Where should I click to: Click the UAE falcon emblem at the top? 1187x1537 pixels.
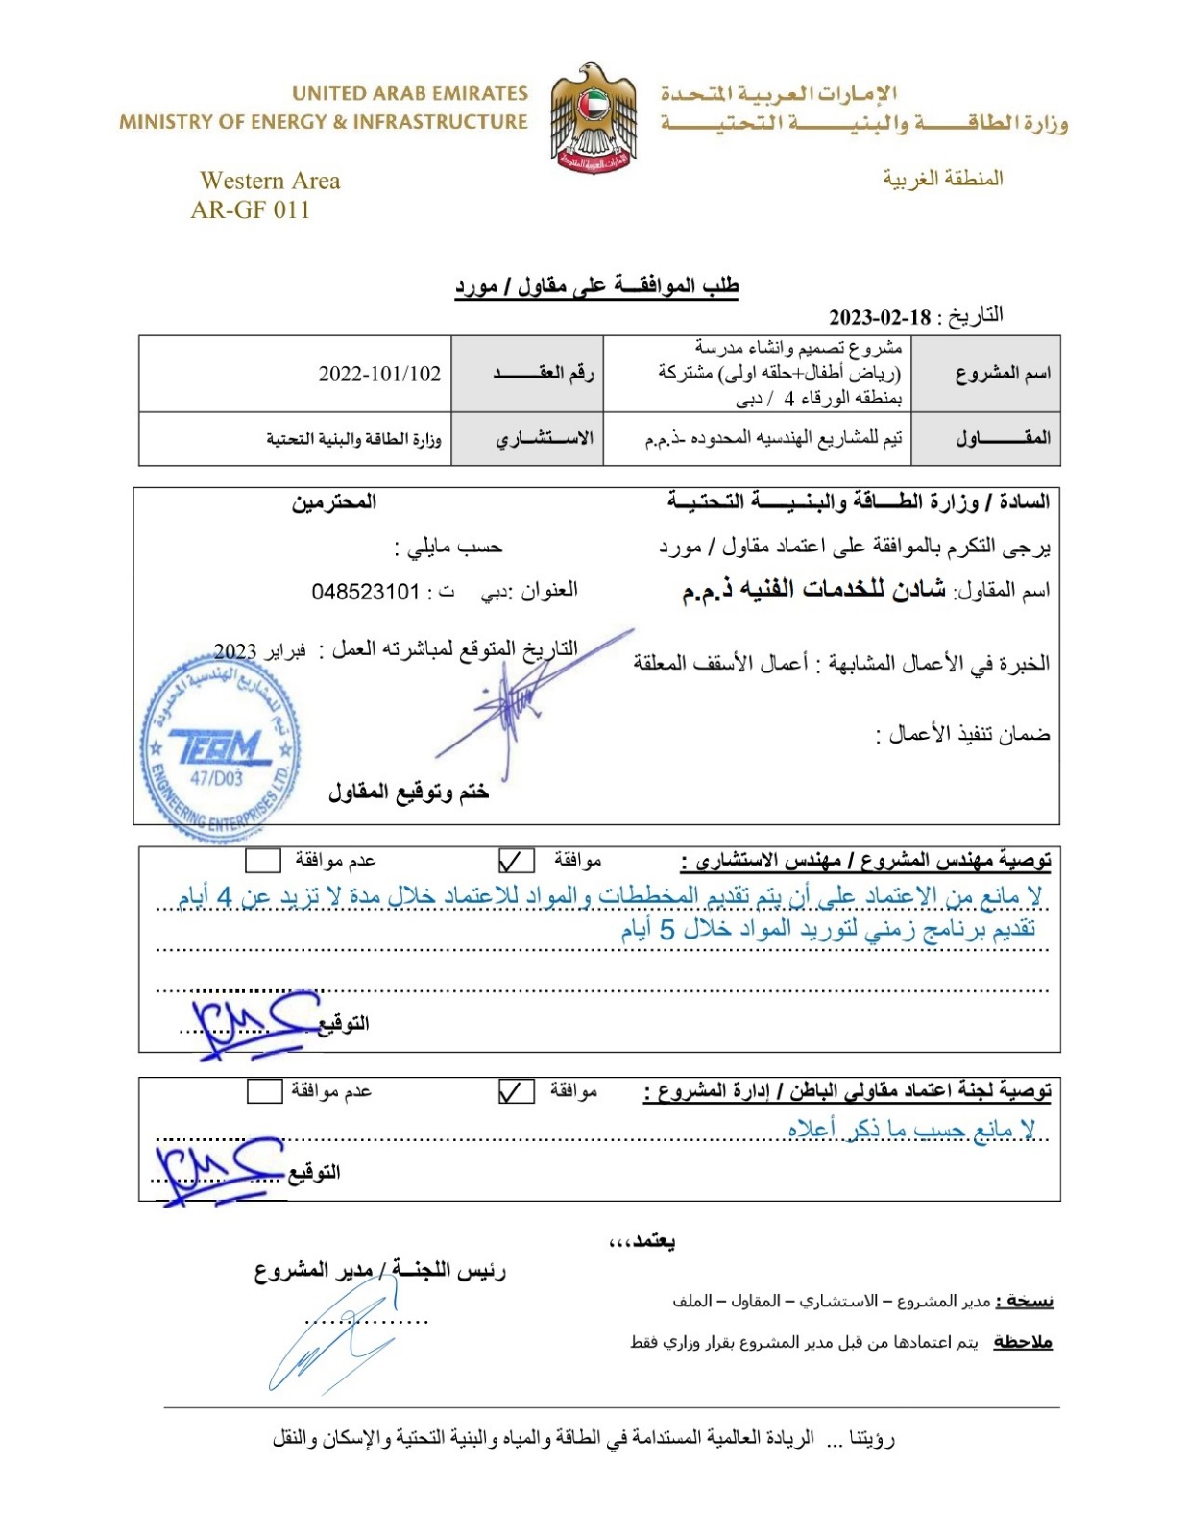pyautogui.click(x=593, y=118)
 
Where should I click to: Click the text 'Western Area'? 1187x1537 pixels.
pyautogui.click(x=270, y=181)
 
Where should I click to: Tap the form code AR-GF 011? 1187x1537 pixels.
pyautogui.click(x=251, y=209)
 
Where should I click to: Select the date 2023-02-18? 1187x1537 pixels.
pyautogui.click(x=880, y=318)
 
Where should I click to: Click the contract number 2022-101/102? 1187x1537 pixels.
pyautogui.click(x=379, y=374)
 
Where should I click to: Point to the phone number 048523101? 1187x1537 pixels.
pyautogui.click(x=365, y=592)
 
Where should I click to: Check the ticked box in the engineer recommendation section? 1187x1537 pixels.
pyautogui.click(x=517, y=860)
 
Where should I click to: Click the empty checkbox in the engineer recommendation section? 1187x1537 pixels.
pyautogui.click(x=263, y=860)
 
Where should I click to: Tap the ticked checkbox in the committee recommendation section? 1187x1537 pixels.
pyautogui.click(x=517, y=1091)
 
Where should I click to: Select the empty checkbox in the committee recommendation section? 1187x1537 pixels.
pyautogui.click(x=264, y=1091)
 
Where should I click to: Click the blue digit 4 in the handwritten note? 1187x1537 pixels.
pyautogui.click(x=225, y=896)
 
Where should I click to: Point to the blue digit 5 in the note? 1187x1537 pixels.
pyautogui.click(x=666, y=929)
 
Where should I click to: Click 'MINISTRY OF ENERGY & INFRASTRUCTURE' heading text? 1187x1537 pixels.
pyautogui.click(x=324, y=122)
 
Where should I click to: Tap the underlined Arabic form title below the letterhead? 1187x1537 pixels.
pyautogui.click(x=596, y=286)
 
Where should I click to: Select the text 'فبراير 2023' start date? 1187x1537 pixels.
pyautogui.click(x=259, y=651)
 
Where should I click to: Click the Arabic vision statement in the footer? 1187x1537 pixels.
pyautogui.click(x=583, y=1438)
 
